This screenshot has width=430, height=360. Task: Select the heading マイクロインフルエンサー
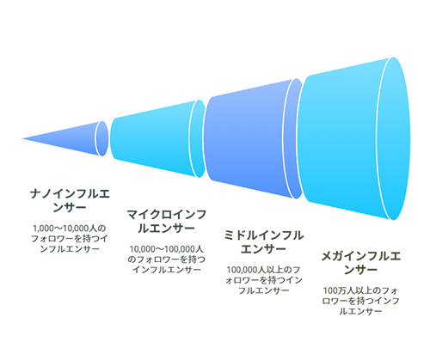coord(167,222)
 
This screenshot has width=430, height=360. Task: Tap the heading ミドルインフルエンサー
coord(263,242)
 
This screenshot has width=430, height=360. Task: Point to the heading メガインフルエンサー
coord(360,263)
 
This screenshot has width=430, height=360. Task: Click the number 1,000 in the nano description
coord(43,229)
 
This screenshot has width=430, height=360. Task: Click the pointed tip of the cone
coord(22,138)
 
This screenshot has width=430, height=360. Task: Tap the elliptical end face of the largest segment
coord(394,138)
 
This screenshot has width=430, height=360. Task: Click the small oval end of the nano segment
coord(102,138)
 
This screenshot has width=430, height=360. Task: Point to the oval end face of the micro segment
coord(198,138)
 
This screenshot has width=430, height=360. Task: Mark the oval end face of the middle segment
coord(293,138)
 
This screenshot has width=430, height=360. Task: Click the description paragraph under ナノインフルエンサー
coord(70,239)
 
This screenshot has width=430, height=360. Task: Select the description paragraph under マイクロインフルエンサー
coord(167,259)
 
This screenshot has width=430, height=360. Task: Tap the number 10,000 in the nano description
coord(77,229)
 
